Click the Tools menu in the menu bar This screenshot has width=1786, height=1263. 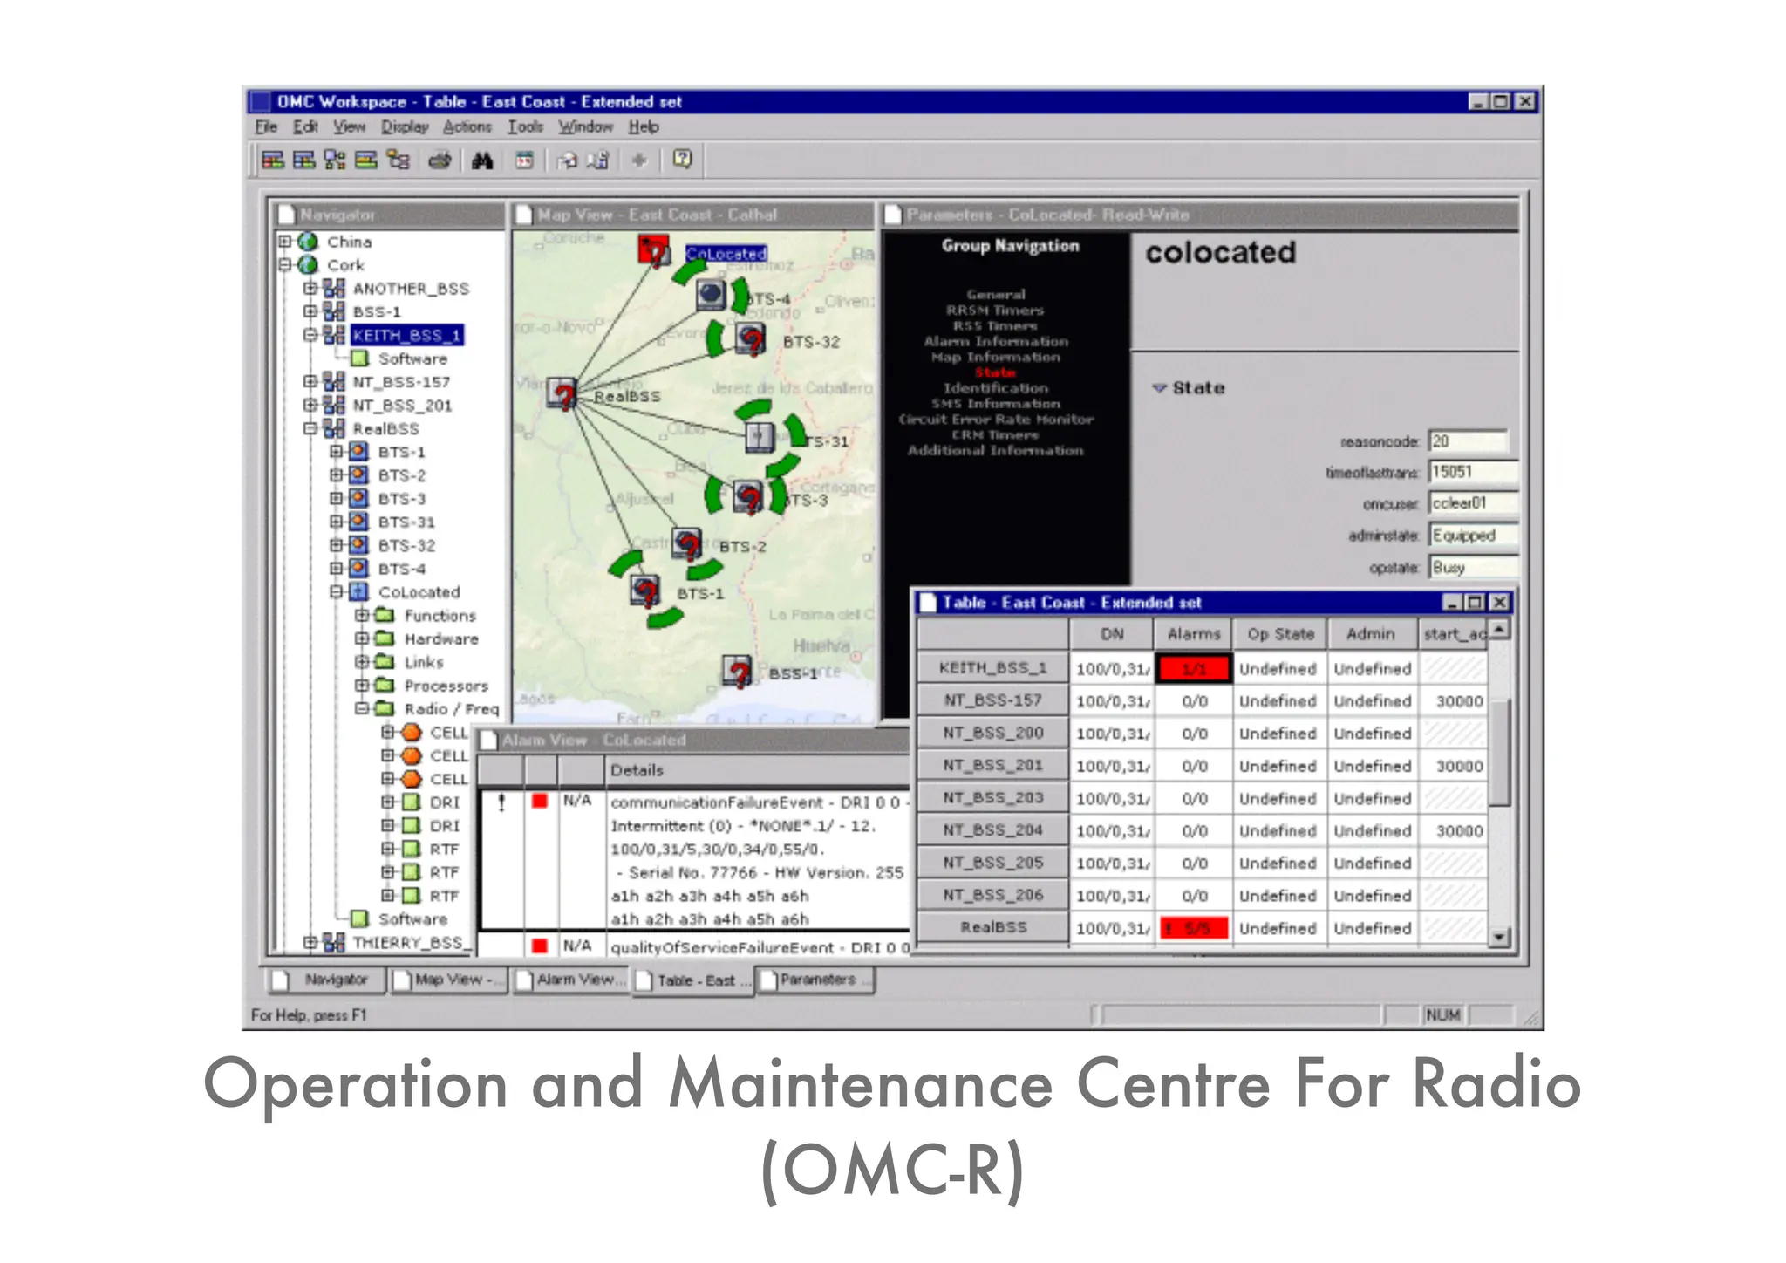525,127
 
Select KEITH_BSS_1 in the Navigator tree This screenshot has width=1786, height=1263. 406,336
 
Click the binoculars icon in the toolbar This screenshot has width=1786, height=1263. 482,160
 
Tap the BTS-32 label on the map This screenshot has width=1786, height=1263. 811,343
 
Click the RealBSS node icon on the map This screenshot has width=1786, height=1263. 562,394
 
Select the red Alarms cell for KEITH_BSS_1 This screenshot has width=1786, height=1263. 1193,669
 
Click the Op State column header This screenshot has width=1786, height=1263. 1279,634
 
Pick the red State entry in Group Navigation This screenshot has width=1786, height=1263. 995,372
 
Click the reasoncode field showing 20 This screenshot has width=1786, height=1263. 1468,441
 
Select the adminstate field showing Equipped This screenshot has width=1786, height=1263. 1472,536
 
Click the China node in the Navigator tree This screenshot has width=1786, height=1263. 349,242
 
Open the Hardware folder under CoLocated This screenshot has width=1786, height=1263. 440,639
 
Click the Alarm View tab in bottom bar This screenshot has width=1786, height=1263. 572,980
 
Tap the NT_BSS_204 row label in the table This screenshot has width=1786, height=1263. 992,830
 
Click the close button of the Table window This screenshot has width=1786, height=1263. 1499,603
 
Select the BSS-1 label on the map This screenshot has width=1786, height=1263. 793,674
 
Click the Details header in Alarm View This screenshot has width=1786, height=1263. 637,771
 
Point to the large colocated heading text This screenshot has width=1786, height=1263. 1220,253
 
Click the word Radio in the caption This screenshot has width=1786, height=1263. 1496,1084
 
